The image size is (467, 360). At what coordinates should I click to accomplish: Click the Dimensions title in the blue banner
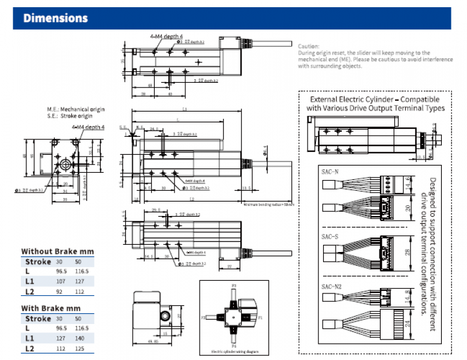pos(56,18)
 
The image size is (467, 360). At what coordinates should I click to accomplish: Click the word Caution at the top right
pos(309,46)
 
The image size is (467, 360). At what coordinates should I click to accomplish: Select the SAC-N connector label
pos(331,172)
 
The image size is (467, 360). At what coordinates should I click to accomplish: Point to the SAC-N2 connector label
pos(332,286)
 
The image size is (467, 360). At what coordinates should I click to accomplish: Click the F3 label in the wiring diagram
pos(234,286)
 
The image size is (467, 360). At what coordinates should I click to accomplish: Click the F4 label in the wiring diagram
pos(234,346)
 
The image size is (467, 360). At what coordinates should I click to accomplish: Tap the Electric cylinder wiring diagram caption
pos(234,352)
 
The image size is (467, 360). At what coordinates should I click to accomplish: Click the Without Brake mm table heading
pos(58,251)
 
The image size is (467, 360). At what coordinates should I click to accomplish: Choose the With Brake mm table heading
pos(51,308)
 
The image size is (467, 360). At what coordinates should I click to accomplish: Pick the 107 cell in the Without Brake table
pos(61,281)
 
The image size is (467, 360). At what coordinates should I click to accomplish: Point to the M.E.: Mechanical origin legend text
pos(76,109)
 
